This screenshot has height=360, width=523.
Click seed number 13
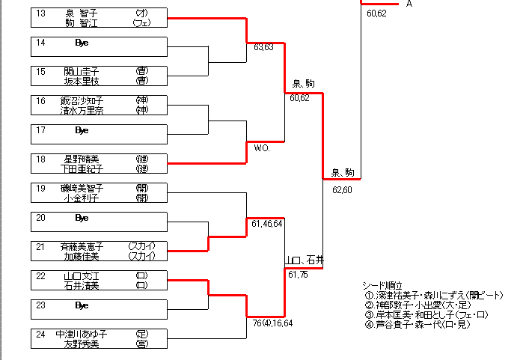(x=40, y=13)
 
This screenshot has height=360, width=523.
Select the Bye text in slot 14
(x=82, y=43)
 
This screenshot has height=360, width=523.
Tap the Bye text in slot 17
(x=82, y=130)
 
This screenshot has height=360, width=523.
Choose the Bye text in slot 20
(x=82, y=218)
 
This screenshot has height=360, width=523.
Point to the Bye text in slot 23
(x=82, y=305)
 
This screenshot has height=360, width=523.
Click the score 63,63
(x=263, y=47)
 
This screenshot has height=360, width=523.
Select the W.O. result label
(x=262, y=148)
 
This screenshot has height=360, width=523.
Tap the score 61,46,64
(x=267, y=224)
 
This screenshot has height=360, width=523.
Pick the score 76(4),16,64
(x=272, y=323)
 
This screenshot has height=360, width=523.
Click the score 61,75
(x=299, y=275)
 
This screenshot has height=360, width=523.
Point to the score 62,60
(x=342, y=189)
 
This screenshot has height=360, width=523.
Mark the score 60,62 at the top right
(x=376, y=13)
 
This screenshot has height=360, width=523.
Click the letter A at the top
(x=409, y=4)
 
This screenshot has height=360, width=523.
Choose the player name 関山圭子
(x=82, y=72)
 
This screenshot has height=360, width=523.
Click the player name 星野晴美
(x=82, y=159)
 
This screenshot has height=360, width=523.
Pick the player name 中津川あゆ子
(x=82, y=335)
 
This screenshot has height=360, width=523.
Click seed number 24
(x=40, y=335)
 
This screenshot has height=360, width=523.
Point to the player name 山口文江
(x=82, y=276)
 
